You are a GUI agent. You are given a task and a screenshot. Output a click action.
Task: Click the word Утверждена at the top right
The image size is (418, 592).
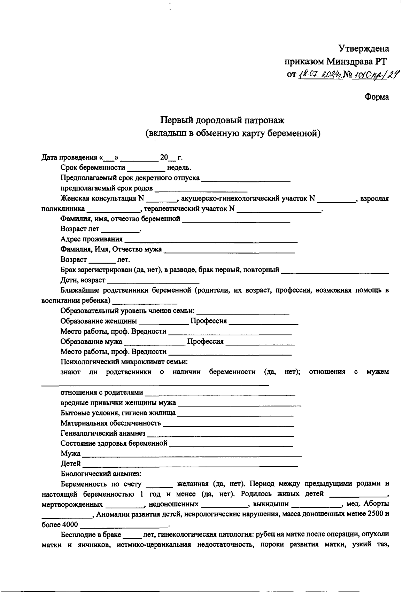point(364,48)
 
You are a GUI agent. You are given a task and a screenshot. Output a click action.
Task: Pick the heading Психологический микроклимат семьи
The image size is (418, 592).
point(124,361)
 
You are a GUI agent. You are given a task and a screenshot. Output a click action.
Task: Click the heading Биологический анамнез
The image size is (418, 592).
point(101,474)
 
